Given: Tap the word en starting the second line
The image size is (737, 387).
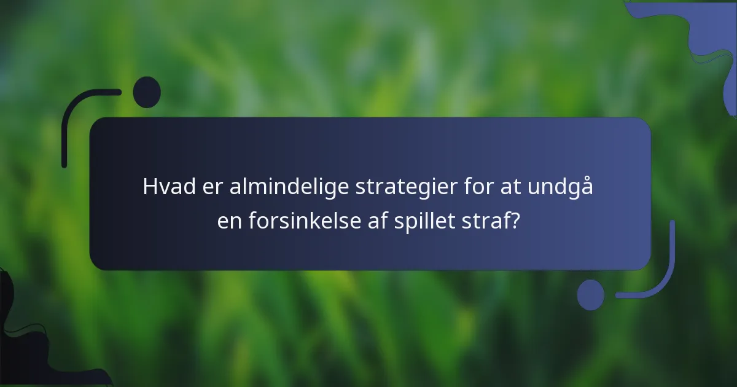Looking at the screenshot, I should point(230,221).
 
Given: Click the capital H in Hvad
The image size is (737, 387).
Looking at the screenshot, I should point(149,187).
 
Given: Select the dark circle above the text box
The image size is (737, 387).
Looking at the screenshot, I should point(147,92).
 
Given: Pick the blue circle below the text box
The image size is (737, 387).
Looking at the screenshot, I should point(591,295).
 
